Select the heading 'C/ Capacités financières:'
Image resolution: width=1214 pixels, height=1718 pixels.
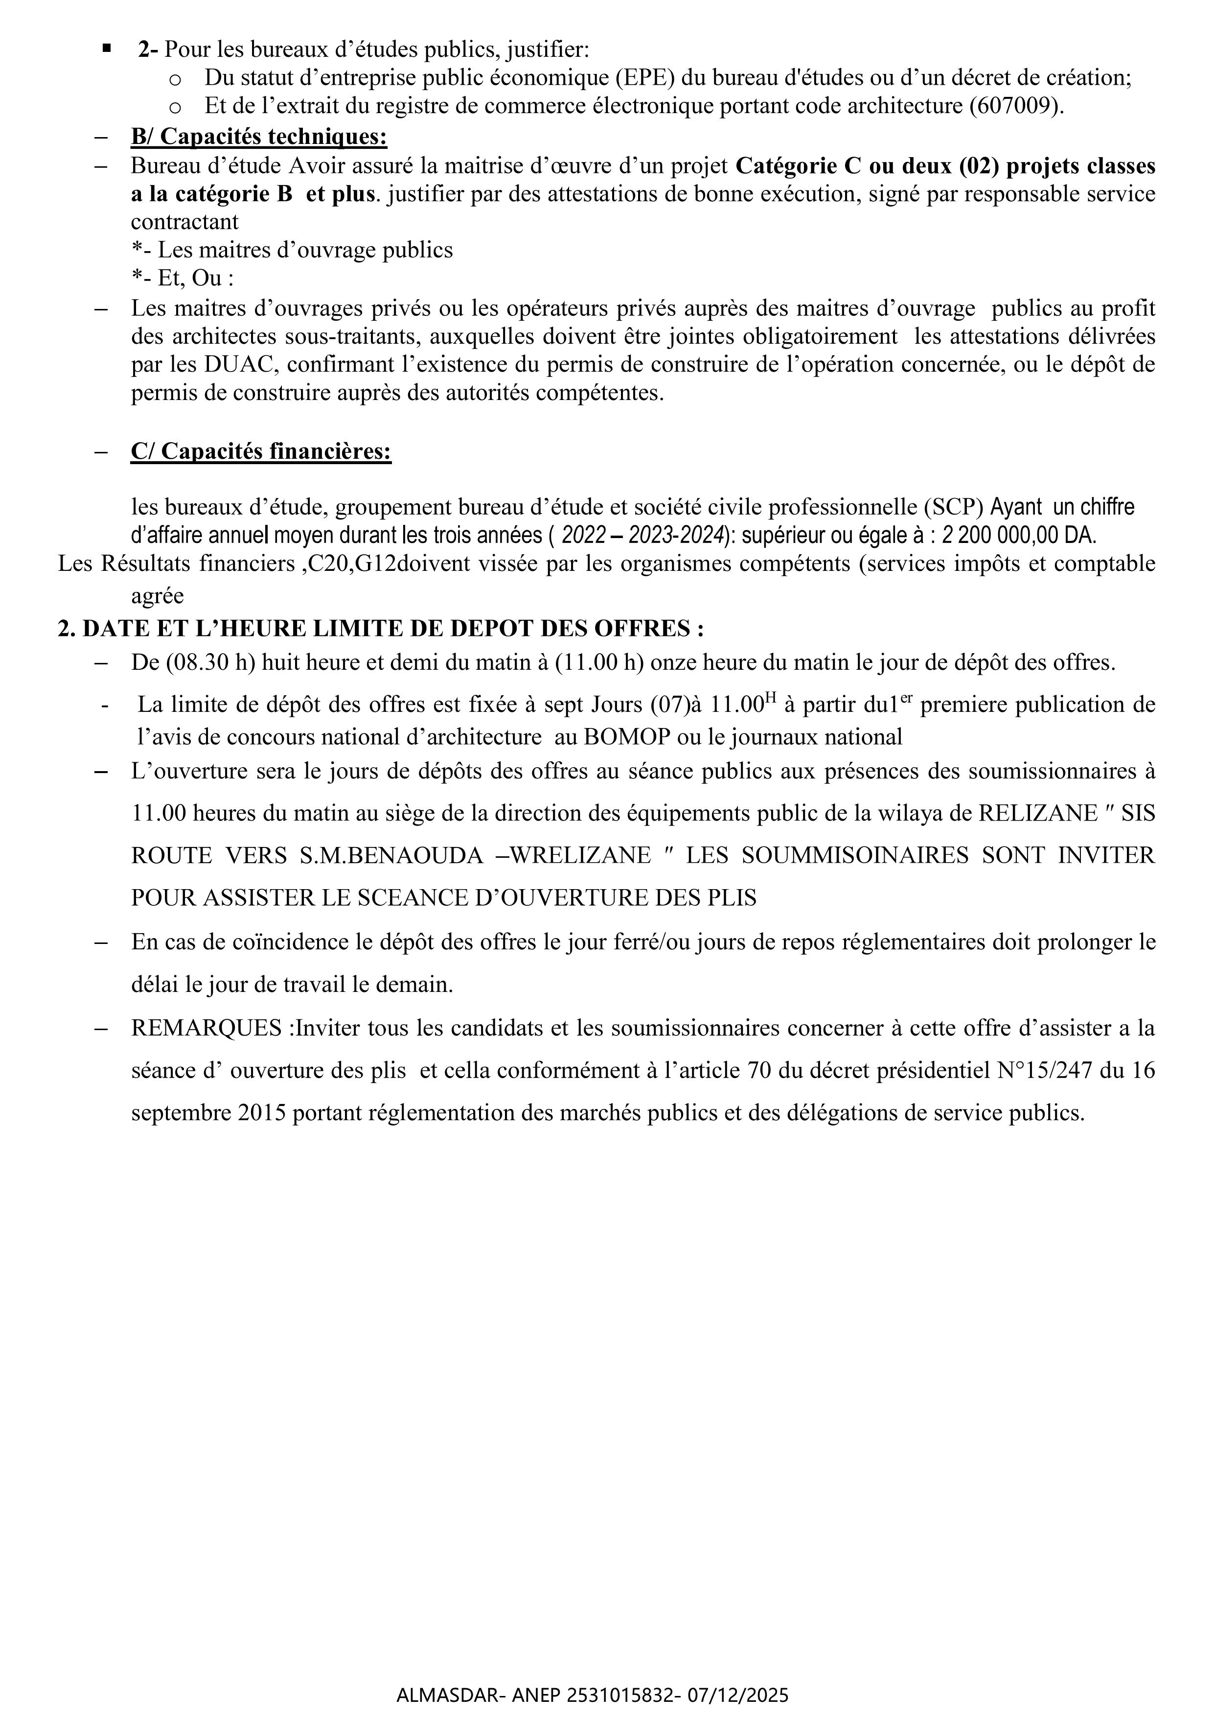[261, 451]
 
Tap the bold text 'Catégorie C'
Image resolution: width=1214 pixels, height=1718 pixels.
[798, 165]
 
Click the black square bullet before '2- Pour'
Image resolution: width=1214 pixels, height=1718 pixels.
[106, 49]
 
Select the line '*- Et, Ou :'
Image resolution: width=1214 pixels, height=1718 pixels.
[183, 279]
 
